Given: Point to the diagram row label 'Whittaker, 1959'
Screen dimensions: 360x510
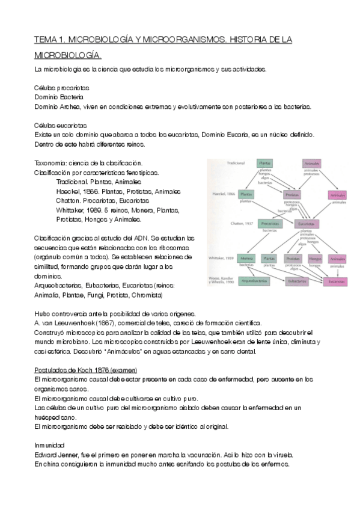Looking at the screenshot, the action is pyautogui.click(x=221, y=257).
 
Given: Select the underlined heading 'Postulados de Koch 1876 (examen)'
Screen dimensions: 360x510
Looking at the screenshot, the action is pyautogui.click(x=85, y=369).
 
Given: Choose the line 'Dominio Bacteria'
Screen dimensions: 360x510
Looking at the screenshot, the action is pyautogui.click(x=59, y=96).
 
